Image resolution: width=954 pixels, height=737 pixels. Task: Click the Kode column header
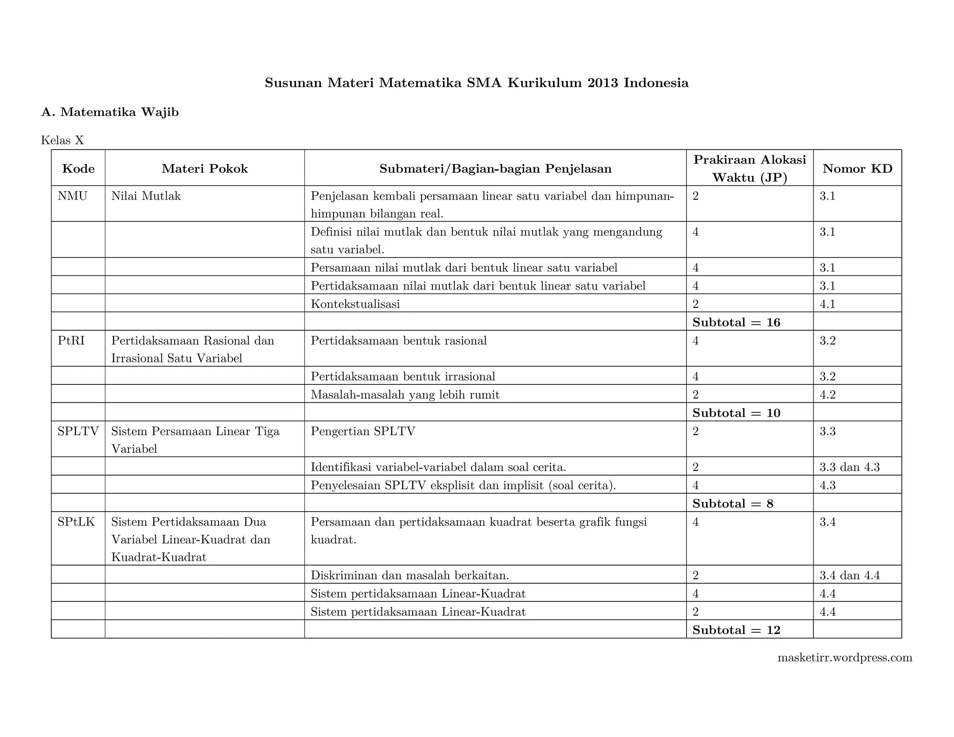[78, 169]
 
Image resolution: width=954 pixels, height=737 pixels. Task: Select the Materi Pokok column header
[204, 169]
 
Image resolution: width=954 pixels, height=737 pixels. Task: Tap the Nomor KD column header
[857, 169]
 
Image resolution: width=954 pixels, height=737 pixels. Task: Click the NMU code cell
[73, 196]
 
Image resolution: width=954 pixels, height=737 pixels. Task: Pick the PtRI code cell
[71, 341]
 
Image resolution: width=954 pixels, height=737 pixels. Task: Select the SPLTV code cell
[78, 431]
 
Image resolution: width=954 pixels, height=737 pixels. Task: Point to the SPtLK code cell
[76, 522]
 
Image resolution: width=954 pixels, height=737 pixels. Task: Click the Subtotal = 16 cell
[736, 322]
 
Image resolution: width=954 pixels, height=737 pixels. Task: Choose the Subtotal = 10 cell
[736, 413]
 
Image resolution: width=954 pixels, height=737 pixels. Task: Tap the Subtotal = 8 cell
[733, 504]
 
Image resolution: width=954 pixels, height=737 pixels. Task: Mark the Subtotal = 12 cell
[736, 630]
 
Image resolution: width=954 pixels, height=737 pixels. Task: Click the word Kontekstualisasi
[355, 304]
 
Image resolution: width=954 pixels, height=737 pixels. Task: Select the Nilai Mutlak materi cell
[146, 196]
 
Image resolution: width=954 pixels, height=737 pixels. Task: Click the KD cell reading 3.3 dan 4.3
[850, 467]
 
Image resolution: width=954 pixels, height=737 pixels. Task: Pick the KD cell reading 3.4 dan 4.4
[850, 576]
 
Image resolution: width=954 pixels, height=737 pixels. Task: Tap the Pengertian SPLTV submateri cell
[362, 431]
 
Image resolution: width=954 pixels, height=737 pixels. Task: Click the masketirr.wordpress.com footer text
[845, 658]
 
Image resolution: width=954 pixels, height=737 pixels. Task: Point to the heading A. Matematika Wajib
[110, 112]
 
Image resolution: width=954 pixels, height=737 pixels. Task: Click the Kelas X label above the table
[62, 140]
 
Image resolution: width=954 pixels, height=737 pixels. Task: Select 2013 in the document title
[603, 83]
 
